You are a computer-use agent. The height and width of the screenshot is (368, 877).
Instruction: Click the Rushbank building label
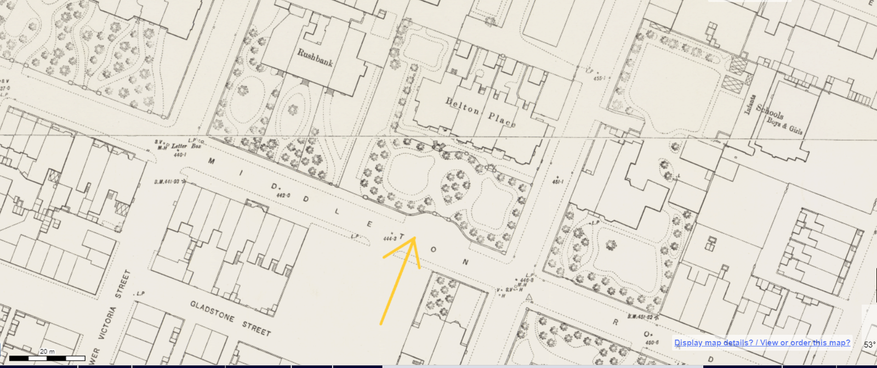coord(315,57)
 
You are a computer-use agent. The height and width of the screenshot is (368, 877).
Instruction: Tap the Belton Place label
coord(480,112)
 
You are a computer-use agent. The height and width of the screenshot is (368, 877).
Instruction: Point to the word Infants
coord(750,105)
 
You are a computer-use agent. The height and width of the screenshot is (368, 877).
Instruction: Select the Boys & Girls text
coord(784,125)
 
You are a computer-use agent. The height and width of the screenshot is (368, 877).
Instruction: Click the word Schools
coord(770,111)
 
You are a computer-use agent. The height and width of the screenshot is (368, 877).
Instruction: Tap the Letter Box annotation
coord(186,146)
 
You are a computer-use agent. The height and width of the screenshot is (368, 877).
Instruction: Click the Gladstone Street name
coord(230,318)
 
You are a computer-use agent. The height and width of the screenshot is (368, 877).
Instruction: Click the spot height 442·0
coord(283,195)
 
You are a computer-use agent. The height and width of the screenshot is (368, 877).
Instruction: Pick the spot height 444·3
coord(389,238)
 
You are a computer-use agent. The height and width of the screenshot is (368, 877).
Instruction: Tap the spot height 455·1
coord(599,78)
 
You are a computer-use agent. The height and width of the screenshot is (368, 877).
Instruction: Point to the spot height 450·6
coord(652,343)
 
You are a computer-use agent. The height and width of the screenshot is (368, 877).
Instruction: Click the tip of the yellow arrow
coord(414,237)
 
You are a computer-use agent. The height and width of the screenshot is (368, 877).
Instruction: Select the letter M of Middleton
coord(212,161)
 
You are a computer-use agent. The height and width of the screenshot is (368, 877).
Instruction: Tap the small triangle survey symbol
coord(529,297)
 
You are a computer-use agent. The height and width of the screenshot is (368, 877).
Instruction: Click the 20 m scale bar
coord(47,358)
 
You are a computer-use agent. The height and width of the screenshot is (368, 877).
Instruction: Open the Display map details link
coord(713,343)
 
